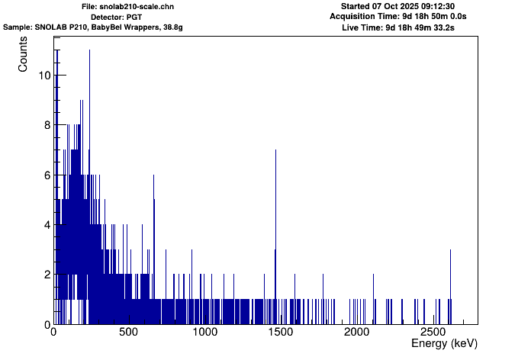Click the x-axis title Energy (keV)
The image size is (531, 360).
click(x=444, y=344)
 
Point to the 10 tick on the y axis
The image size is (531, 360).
click(x=45, y=76)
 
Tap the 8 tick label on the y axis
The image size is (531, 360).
click(x=45, y=125)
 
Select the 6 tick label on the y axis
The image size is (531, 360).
click(x=45, y=175)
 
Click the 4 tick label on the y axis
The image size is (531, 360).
click(x=45, y=225)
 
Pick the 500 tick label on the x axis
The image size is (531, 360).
click(x=128, y=333)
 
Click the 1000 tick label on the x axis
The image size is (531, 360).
click(x=204, y=333)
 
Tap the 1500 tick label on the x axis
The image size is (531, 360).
click(x=280, y=333)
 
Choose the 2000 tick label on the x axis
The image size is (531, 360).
click(x=356, y=333)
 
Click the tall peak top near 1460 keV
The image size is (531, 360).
click(x=275, y=150)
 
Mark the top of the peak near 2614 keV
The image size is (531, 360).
click(x=450, y=249)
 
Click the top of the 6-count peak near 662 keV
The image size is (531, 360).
click(x=154, y=175)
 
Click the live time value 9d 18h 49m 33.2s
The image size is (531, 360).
click(x=427, y=27)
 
